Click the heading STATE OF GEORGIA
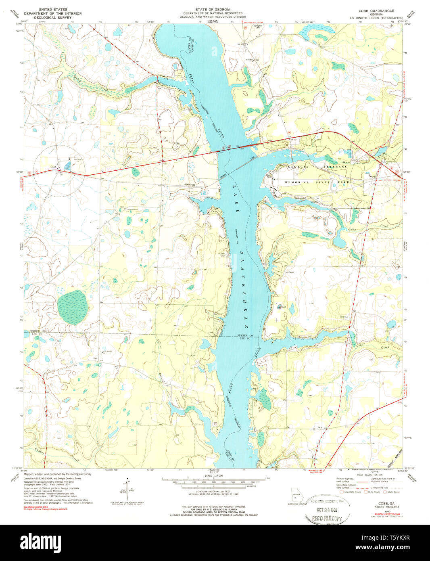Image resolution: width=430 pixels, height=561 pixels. point(213,9)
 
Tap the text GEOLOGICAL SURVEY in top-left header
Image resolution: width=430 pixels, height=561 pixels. point(52,18)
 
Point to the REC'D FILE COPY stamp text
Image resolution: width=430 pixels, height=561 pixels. point(327,519)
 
